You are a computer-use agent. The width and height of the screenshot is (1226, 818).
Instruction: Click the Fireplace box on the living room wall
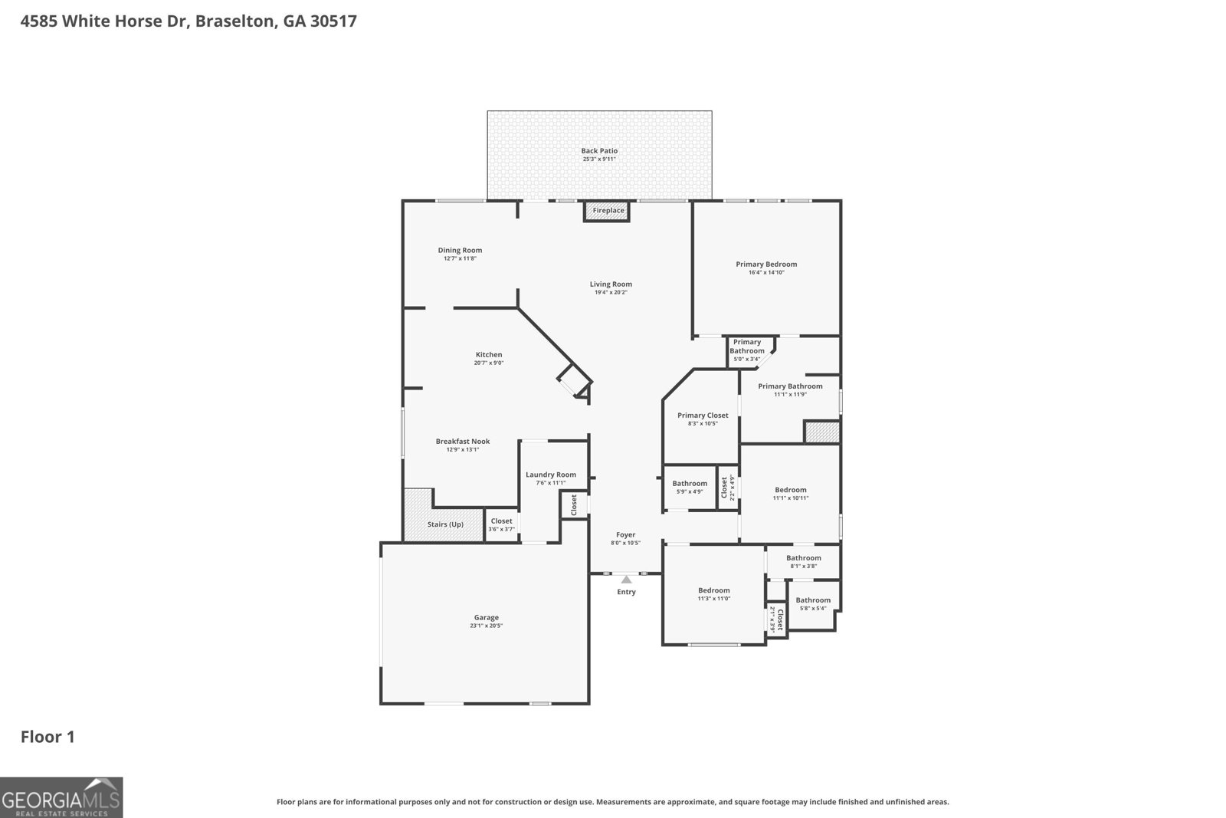click(607, 211)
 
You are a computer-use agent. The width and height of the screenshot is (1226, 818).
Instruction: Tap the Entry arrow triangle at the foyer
click(627, 580)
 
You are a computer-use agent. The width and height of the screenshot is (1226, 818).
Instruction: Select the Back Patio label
click(599, 151)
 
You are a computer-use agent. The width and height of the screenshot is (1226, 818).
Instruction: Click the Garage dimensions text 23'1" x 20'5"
click(486, 626)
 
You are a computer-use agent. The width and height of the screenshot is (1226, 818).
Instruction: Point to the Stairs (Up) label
click(445, 524)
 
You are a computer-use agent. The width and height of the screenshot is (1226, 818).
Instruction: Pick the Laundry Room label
click(550, 475)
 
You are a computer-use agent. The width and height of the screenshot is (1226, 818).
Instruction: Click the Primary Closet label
click(703, 416)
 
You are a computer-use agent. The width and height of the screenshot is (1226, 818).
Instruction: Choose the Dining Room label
click(460, 250)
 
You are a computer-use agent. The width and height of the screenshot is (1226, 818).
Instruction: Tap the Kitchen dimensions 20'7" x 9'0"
click(488, 363)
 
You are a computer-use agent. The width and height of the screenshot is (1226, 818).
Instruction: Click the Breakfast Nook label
click(462, 441)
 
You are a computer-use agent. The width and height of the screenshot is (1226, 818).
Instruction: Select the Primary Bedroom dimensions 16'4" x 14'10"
click(766, 272)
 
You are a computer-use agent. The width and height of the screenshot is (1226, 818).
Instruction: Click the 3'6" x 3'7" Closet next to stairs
click(501, 524)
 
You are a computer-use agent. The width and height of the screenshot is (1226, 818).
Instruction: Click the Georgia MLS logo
click(61, 797)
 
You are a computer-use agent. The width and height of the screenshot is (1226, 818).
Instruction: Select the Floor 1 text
click(48, 737)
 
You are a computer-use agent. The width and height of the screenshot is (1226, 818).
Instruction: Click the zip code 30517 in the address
click(333, 21)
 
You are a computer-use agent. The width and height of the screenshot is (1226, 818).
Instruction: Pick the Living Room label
click(611, 284)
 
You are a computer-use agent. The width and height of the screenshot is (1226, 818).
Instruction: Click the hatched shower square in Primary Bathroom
click(821, 432)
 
